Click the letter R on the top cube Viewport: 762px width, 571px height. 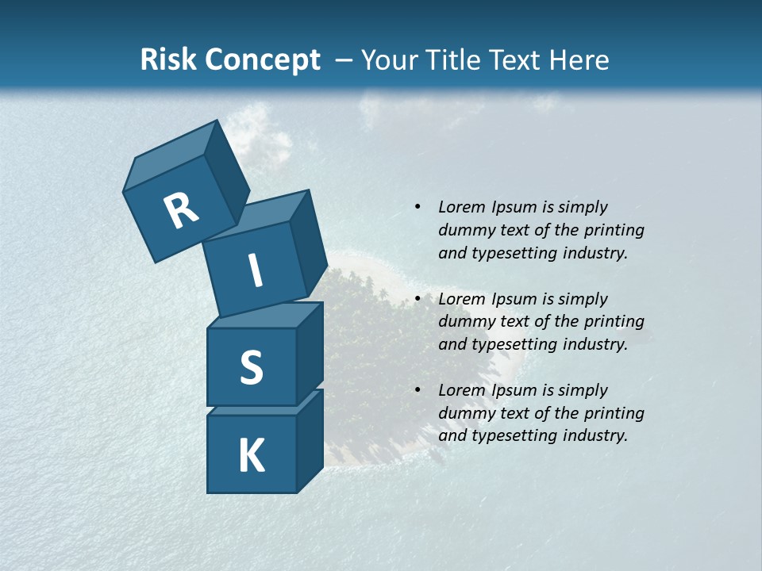click(x=181, y=211)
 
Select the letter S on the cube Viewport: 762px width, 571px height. click(x=251, y=367)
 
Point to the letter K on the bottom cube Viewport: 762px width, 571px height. click(x=251, y=455)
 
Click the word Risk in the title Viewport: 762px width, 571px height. click(x=169, y=59)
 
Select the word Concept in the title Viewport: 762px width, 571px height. click(x=263, y=59)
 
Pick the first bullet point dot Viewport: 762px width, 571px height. click(x=418, y=207)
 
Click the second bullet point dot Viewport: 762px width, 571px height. click(x=418, y=299)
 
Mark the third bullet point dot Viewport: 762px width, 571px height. click(x=418, y=390)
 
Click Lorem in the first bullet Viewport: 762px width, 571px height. click(x=460, y=207)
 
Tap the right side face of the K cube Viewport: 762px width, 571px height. click(x=310, y=440)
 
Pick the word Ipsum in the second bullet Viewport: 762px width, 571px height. click(x=510, y=299)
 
